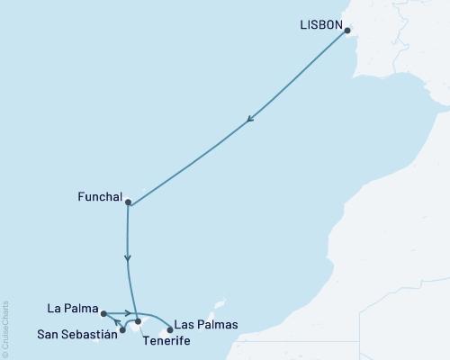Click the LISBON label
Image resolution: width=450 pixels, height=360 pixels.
click(319, 26)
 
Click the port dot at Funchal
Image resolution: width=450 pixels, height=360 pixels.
click(129, 202)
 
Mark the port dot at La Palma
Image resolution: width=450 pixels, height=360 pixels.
click(104, 313)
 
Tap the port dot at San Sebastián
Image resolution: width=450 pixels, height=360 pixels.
click(122, 330)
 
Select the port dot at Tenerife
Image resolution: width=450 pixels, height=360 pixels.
click(138, 321)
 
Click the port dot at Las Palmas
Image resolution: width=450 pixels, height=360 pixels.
click(169, 329)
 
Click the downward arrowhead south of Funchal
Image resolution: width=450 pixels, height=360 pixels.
click(129, 258)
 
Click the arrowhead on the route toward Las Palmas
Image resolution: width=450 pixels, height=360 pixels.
click(130, 313)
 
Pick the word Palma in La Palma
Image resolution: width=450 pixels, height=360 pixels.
click(80, 308)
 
